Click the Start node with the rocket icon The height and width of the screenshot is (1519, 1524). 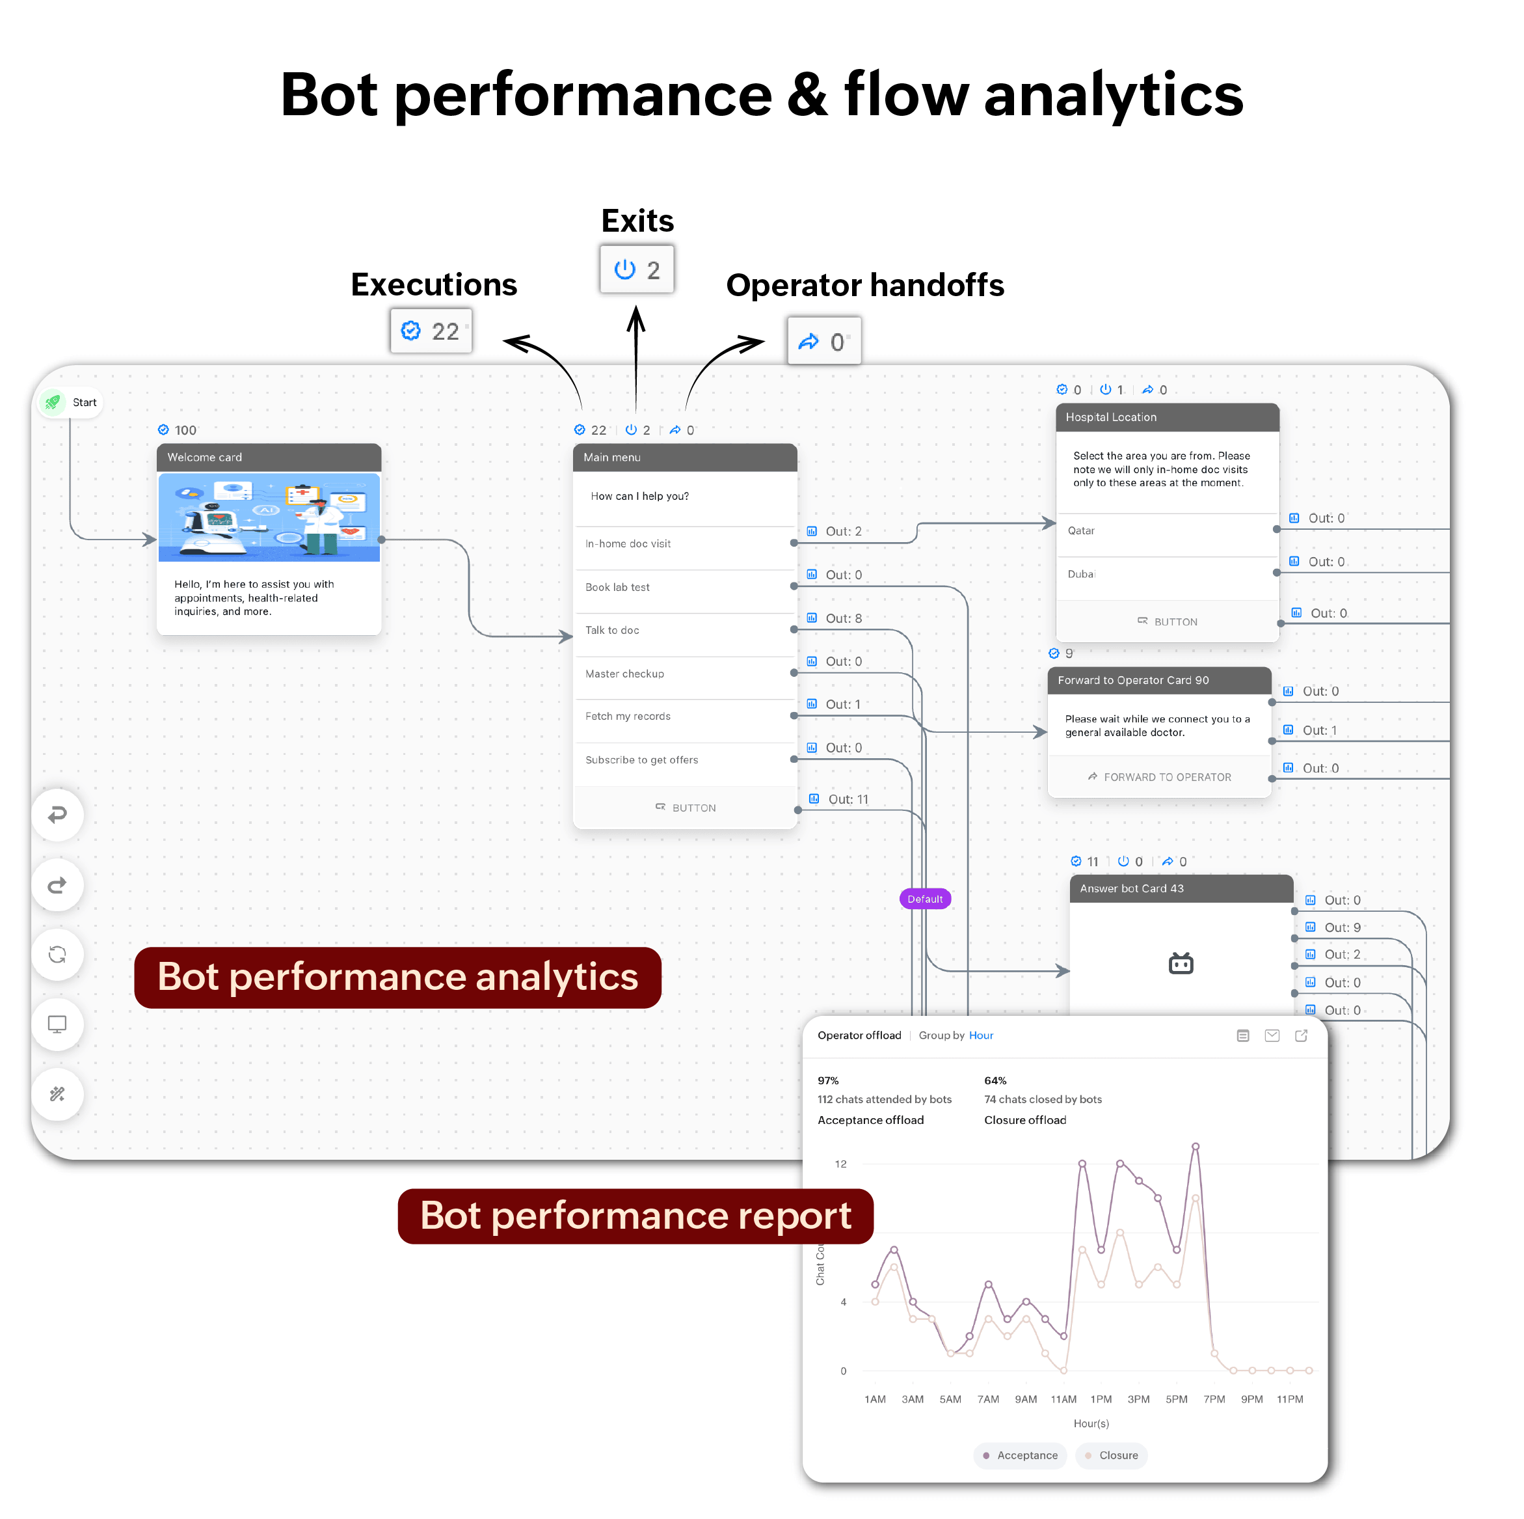tap(70, 402)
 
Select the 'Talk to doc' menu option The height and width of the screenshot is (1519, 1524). tap(612, 631)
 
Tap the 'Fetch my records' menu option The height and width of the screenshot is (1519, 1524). tap(628, 717)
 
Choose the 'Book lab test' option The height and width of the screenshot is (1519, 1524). tap(618, 588)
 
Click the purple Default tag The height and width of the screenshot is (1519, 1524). tap(924, 899)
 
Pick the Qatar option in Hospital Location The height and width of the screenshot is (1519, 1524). tap(1082, 531)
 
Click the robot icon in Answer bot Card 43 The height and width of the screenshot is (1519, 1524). tap(1181, 963)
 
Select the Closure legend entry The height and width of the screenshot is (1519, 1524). tap(1112, 1456)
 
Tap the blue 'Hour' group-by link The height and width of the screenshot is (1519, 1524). tap(982, 1036)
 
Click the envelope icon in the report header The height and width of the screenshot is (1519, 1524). tap(1272, 1036)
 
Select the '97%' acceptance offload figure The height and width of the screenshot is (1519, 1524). tap(828, 1081)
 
